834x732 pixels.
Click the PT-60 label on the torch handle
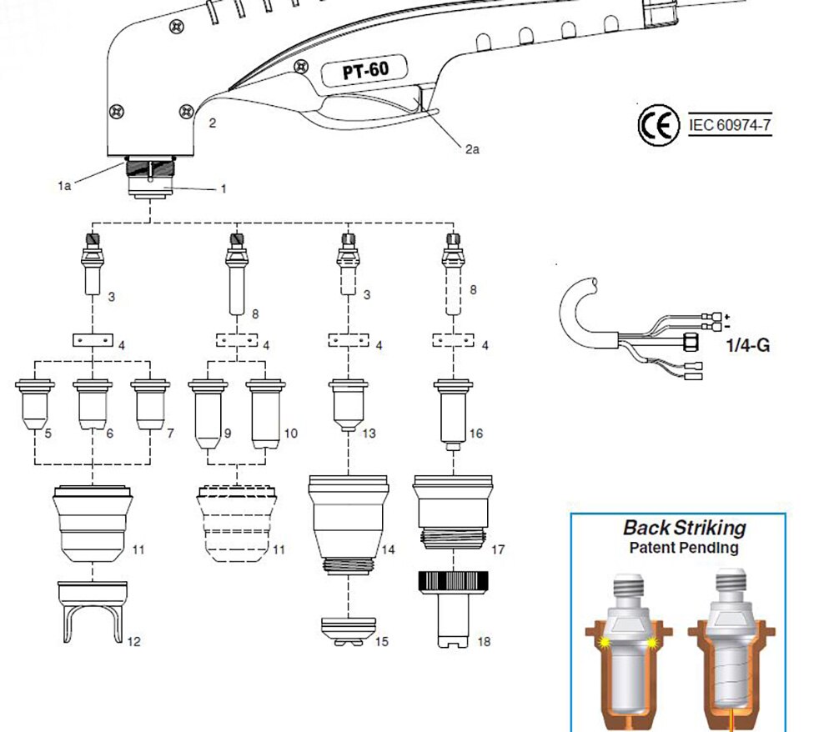(361, 72)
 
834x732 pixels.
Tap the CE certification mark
(656, 126)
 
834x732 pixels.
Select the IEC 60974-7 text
(730, 125)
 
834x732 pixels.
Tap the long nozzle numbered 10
(267, 413)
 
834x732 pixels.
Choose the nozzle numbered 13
(349, 403)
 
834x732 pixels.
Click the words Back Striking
(684, 528)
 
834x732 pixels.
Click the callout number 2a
(472, 150)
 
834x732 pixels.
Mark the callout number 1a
(64, 186)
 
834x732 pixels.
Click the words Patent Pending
(683, 548)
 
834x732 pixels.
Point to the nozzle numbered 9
(208, 413)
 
